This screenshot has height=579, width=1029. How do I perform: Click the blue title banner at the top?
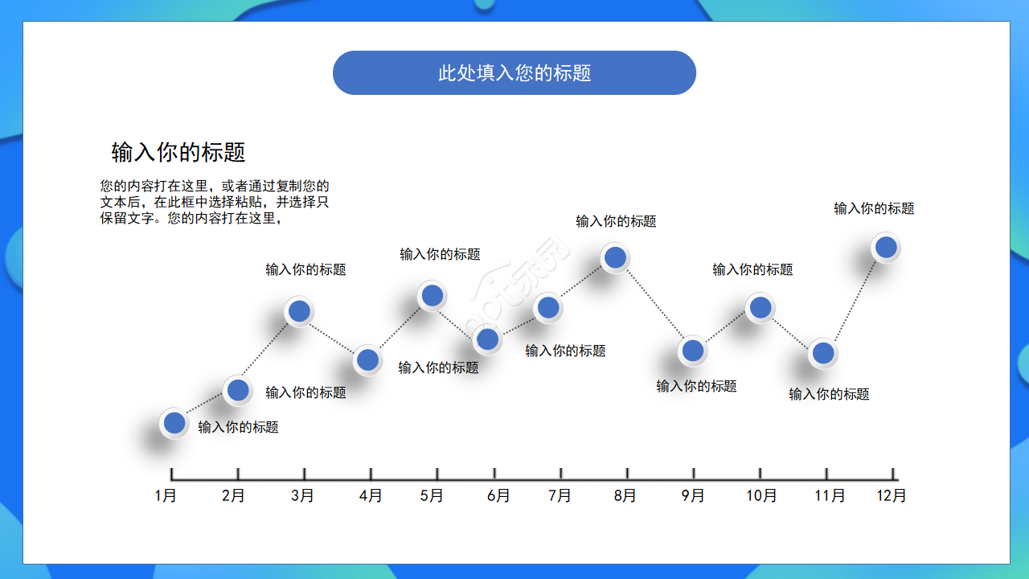point(514,73)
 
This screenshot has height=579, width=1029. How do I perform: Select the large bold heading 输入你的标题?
point(178,152)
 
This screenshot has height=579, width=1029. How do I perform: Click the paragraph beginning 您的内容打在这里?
point(215,202)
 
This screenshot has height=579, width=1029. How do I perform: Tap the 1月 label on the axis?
point(166,495)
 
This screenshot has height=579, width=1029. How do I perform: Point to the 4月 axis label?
point(371,495)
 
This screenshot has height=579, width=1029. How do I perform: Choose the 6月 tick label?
point(498,495)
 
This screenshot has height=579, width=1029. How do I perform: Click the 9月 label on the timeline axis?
point(693,495)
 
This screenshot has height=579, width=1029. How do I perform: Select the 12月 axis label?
point(892,495)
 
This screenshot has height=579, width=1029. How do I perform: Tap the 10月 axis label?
point(760,495)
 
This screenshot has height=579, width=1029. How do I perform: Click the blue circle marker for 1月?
point(174,422)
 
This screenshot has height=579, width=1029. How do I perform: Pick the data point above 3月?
point(299,311)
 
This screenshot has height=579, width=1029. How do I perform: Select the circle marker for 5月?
point(433,296)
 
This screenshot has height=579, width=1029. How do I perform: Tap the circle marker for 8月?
point(615,257)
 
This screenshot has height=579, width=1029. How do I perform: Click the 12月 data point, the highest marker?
point(886,247)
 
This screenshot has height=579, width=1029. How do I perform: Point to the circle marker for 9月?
point(692,351)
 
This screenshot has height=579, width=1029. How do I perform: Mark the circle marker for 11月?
point(822,352)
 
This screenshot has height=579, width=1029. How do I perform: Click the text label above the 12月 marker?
point(874,208)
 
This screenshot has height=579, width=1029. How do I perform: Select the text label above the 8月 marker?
point(616,221)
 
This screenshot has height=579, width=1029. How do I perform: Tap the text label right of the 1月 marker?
point(238,427)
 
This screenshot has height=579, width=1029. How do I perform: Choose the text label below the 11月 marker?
point(829,394)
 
